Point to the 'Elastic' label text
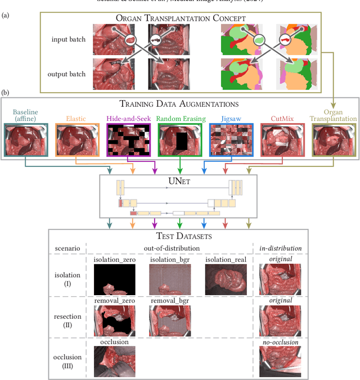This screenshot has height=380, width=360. [x=76, y=119]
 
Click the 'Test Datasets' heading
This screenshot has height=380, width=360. [x=178, y=237]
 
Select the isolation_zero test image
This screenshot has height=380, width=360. [x=114, y=279]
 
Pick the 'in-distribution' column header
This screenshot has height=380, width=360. [x=280, y=247]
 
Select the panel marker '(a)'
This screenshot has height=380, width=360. [x=6, y=15]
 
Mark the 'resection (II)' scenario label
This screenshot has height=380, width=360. [x=67, y=320]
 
